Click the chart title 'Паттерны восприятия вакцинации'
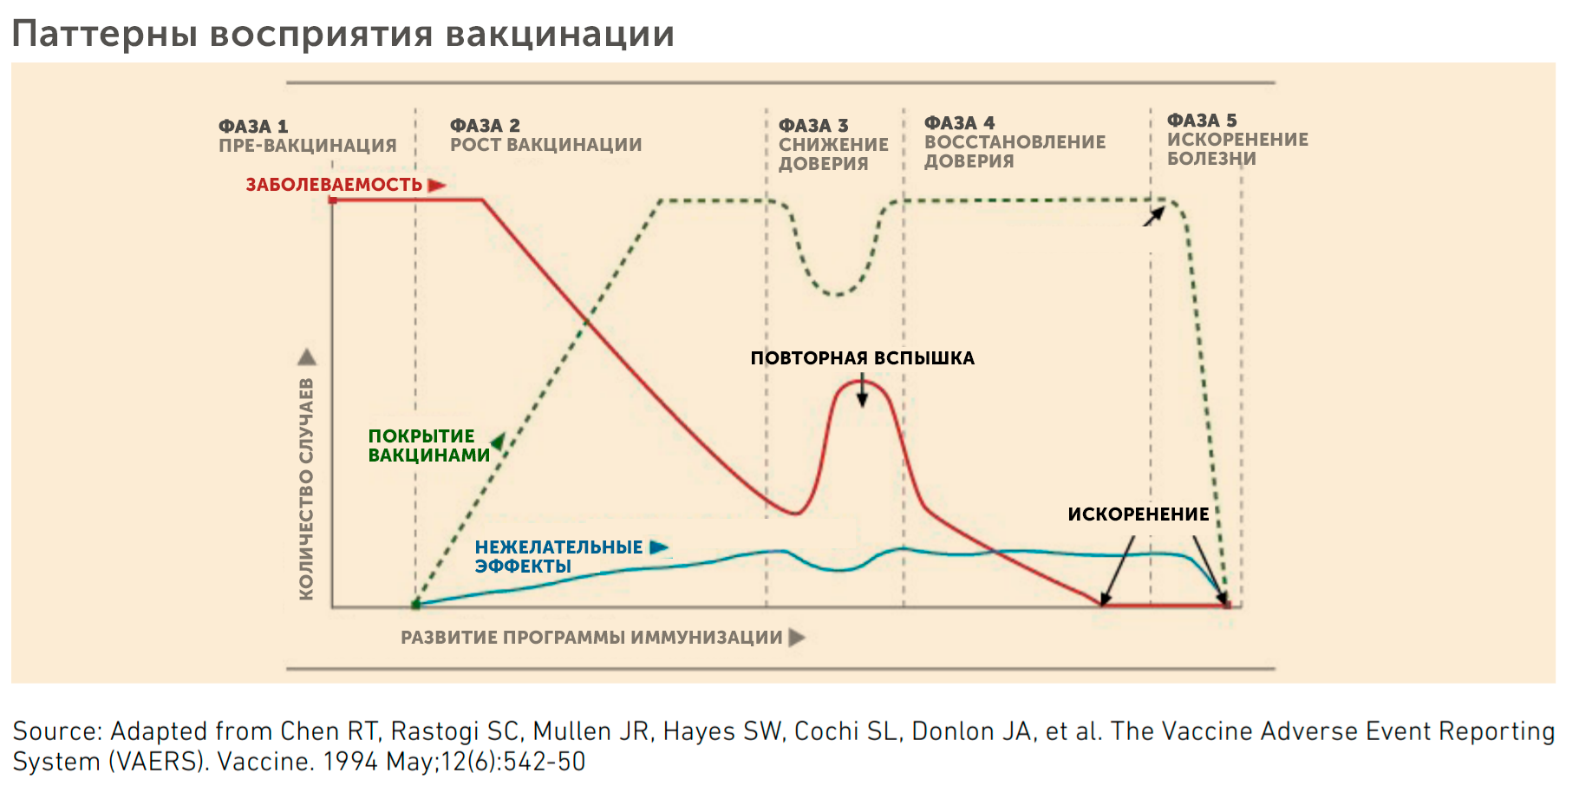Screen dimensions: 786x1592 [343, 35]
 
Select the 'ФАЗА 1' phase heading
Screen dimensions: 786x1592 [253, 127]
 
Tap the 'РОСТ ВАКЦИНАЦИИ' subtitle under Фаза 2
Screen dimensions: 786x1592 [545, 145]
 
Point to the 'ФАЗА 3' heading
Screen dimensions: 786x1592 [813, 126]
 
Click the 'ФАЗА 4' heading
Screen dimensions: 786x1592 [959, 123]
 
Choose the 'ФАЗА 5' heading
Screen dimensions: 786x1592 [1202, 121]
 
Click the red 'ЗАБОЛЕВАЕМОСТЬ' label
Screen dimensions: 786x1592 [334, 185]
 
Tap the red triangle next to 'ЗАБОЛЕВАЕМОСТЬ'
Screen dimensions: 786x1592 [436, 185]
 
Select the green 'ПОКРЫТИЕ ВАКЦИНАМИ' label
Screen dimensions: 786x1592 [428, 446]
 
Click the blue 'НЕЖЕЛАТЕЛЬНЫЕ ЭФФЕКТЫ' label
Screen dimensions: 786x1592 [558, 556]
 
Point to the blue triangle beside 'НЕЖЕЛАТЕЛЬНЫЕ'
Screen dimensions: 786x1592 [659, 547]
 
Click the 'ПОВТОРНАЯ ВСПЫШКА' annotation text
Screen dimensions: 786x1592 [862, 358]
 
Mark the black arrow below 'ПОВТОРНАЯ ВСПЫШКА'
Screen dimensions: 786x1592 [862, 392]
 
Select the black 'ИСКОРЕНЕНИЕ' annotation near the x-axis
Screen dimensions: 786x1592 [1138, 514]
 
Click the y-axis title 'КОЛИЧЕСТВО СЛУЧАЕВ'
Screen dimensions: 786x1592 [306, 489]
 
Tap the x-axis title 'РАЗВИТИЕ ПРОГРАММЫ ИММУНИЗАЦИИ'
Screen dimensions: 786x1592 [591, 638]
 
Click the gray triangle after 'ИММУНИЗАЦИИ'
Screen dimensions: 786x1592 [797, 638]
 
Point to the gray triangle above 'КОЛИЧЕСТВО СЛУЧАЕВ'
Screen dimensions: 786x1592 [307, 357]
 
